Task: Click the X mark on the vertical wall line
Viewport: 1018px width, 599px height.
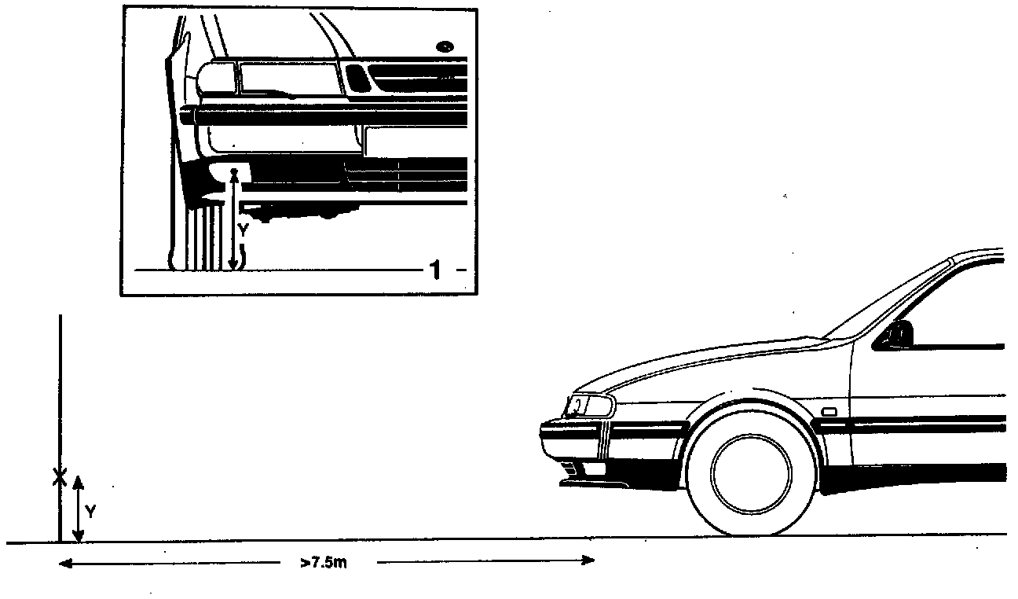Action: click(x=59, y=476)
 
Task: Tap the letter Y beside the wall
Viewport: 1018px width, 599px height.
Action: click(x=90, y=512)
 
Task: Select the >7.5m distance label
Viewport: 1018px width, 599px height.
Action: click(x=323, y=562)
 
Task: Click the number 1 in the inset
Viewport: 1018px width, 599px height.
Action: click(x=434, y=270)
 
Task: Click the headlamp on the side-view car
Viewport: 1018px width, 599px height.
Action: click(x=590, y=406)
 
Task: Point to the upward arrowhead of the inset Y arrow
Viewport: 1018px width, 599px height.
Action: click(x=233, y=173)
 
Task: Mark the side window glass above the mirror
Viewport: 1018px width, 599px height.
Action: click(x=958, y=307)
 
